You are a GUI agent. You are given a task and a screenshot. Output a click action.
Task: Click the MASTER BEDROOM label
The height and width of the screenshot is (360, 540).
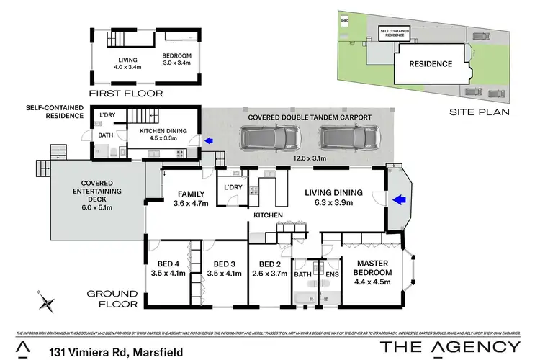372,268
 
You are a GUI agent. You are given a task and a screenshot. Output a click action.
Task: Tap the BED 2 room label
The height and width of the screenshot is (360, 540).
269,269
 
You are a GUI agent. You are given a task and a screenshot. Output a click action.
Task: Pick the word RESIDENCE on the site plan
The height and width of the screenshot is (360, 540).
431,63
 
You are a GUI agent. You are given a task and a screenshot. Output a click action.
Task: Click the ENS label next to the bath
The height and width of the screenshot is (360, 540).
332,274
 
